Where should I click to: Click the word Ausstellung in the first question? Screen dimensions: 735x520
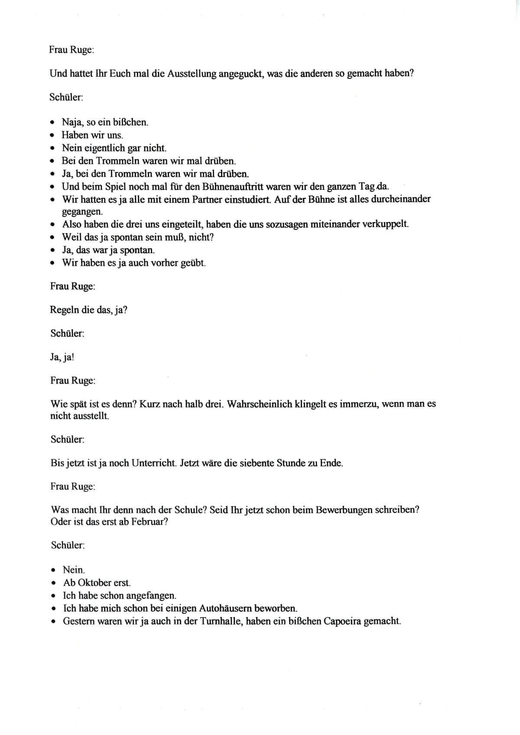tap(189, 74)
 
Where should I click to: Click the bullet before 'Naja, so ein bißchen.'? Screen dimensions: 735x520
tap(52, 122)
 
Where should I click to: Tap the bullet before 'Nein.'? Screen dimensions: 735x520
tap(53, 570)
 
